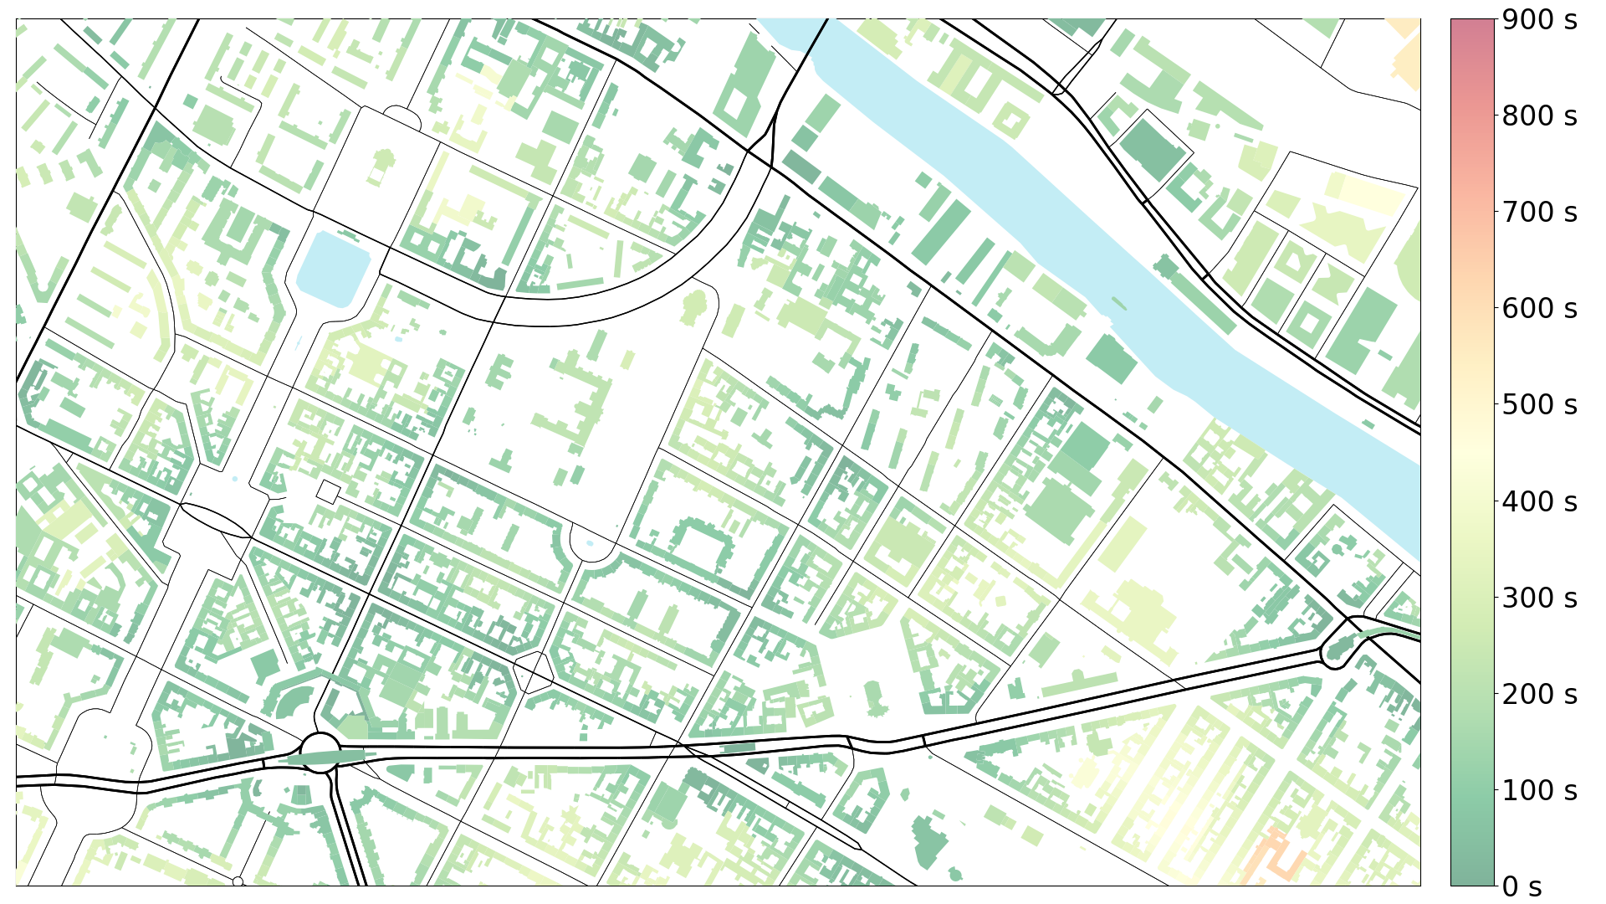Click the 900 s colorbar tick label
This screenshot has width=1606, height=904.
click(1539, 19)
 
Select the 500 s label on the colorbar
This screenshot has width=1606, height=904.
click(1539, 405)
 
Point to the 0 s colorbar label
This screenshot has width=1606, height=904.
click(1522, 886)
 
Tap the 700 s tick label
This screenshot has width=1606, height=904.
click(1539, 213)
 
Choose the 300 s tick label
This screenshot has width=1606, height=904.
click(1539, 598)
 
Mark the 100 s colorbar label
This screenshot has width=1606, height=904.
click(1539, 790)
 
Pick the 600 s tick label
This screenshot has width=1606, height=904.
click(1539, 309)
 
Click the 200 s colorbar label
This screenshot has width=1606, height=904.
click(1539, 694)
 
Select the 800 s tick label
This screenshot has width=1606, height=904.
click(1539, 116)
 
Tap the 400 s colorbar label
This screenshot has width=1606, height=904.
click(1539, 501)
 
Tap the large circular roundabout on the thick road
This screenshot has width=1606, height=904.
click(320, 747)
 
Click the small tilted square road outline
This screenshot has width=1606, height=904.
click(329, 491)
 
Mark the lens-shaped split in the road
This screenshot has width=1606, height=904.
click(214, 520)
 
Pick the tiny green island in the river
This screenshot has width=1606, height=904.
click(1118, 302)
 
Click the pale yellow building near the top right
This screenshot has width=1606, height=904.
click(1372, 195)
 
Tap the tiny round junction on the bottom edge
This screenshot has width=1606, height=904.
click(238, 881)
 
